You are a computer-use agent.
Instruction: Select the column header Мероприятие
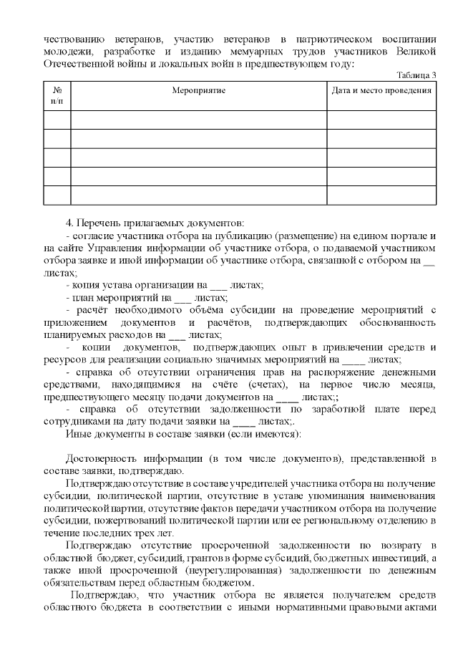click(198, 91)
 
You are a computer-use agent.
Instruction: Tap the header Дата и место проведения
click(381, 91)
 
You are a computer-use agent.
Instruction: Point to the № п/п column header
click(57, 96)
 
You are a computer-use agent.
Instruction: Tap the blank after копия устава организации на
click(228, 285)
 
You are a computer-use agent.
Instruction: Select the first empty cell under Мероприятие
click(198, 120)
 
